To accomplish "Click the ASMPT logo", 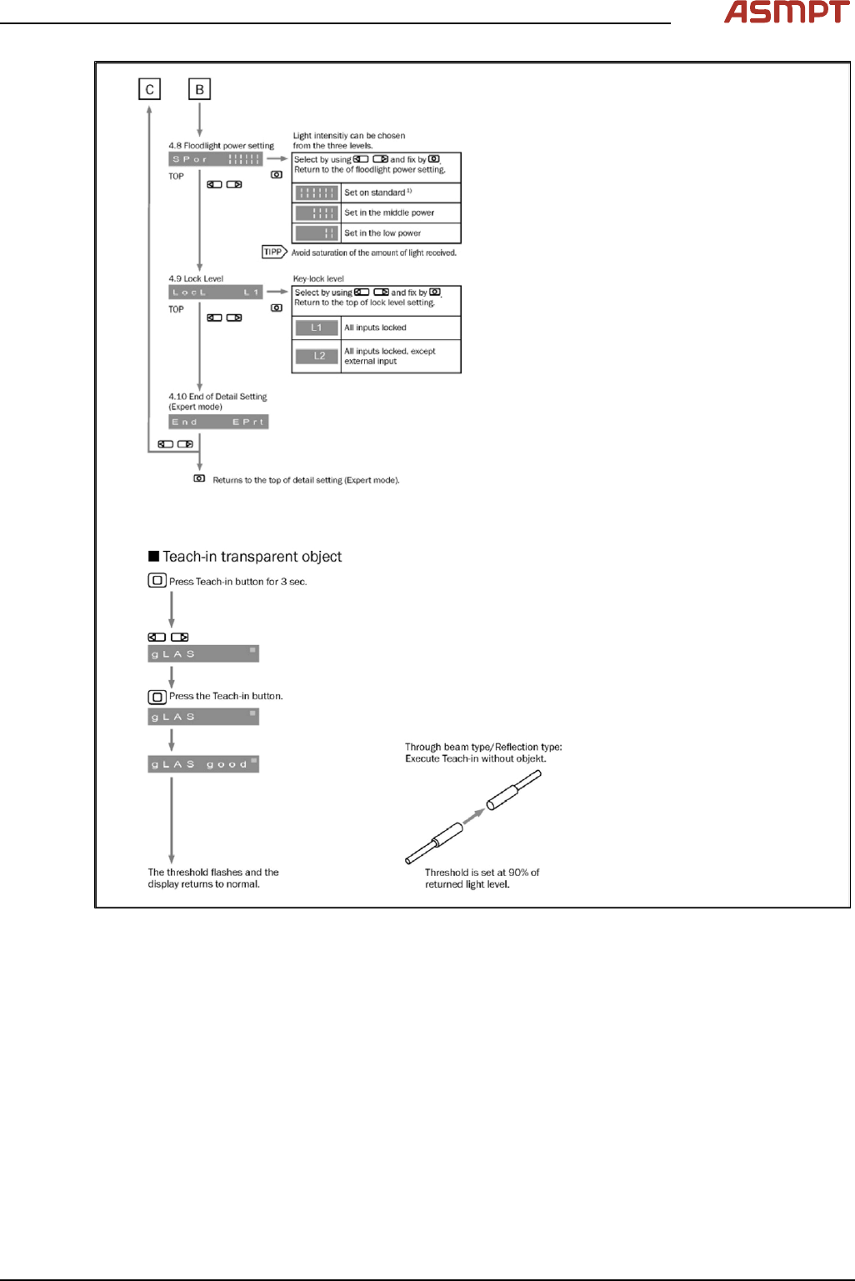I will pos(786,13).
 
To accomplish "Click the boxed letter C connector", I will pos(149,89).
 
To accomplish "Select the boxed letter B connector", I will pos(199,89).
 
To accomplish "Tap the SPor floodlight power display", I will pos(215,159).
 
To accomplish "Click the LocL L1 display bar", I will pos(215,293).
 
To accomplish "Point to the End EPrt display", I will pos(218,423).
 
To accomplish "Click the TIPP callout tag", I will pos(273,252).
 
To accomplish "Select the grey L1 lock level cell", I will pos(317,328).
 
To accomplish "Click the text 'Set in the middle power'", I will pos(389,213).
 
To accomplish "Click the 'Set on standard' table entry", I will pos(377,193).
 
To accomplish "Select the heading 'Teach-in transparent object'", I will pos(252,557).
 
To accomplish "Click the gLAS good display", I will pos(203,764).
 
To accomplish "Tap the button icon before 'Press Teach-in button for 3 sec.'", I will pos(157,581).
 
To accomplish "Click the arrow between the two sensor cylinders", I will pos(473,817).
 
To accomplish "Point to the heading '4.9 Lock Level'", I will pos(196,279).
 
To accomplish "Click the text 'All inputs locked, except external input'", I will pos(389,356).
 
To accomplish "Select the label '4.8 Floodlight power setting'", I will pos(221,146).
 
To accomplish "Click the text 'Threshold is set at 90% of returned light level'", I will pos(482,878).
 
